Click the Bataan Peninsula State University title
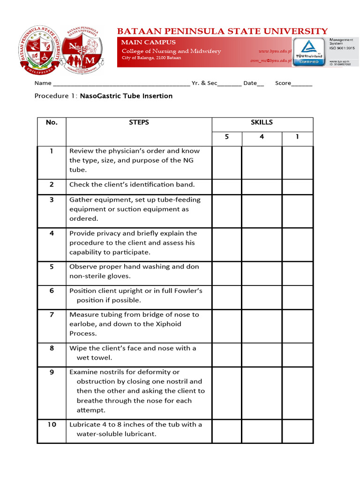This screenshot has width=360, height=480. click(x=222, y=31)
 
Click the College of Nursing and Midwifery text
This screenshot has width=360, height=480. click(x=171, y=51)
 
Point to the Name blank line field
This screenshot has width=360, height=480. click(x=121, y=83)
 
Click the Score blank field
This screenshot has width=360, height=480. click(x=302, y=83)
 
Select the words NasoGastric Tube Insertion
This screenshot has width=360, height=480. click(x=126, y=96)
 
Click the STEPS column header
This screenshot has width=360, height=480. click(x=139, y=122)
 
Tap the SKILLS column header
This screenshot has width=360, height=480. click(x=262, y=122)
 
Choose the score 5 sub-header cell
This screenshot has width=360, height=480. click(x=227, y=137)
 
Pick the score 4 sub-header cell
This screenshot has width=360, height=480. click(x=262, y=137)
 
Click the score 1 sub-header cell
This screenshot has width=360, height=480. click(x=297, y=137)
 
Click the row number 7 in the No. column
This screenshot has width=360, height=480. click(x=52, y=315)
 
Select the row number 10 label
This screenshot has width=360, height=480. click(x=52, y=425)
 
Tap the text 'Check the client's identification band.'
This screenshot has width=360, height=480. click(x=132, y=185)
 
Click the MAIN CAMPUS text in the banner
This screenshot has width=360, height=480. click(x=149, y=42)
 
